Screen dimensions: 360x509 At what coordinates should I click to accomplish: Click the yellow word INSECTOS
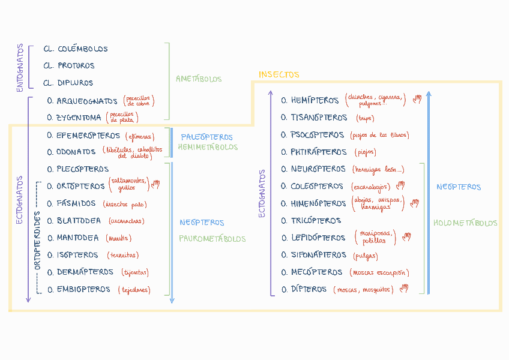click(x=279, y=75)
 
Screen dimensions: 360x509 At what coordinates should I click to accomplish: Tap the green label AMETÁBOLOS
click(x=199, y=79)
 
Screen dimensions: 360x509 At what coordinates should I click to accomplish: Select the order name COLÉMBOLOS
click(x=83, y=49)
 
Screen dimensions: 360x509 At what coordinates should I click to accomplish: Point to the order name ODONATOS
click(x=76, y=152)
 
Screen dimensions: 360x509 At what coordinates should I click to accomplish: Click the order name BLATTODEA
click(x=79, y=221)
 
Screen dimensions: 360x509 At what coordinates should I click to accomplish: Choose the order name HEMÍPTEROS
click(x=315, y=100)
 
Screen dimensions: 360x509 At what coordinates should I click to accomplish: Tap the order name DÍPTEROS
click(x=309, y=289)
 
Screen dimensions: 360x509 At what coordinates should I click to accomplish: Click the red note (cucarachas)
click(x=126, y=221)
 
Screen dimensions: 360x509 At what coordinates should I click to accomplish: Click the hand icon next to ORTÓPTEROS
click(x=155, y=184)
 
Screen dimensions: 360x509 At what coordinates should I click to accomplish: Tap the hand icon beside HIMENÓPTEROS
click(x=414, y=203)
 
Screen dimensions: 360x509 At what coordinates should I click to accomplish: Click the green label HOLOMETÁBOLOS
click(x=465, y=223)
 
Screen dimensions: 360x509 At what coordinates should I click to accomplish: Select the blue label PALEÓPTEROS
click(x=206, y=137)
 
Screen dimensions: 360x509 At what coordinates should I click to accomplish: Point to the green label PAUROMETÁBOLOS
click(x=212, y=239)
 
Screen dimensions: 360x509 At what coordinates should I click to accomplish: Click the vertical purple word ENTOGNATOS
click(x=20, y=68)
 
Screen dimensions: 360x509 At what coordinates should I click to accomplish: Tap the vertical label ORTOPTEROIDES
click(x=37, y=239)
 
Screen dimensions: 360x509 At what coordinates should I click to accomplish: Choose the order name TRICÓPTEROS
click(x=316, y=221)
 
